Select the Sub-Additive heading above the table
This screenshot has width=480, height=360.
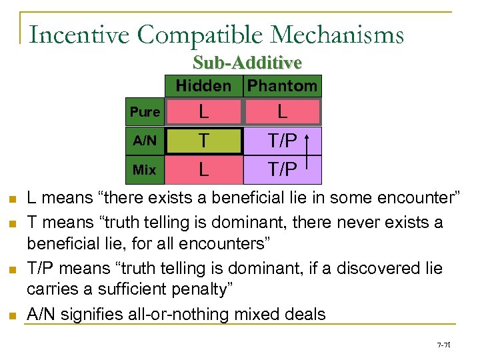pos(247,63)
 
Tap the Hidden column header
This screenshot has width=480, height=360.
pos(203,86)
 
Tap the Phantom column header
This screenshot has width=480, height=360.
pos(283,86)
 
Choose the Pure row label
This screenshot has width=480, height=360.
pos(145,112)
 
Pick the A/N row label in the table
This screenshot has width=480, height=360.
pos(145,141)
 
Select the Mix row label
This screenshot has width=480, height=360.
pos(145,170)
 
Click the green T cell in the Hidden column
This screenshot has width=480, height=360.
pos(203,141)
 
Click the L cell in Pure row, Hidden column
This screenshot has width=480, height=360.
pos(203,112)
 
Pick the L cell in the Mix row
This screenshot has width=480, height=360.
pos(203,170)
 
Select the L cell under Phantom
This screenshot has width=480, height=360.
pos(283,112)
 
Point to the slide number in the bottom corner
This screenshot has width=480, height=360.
pos(443,345)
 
